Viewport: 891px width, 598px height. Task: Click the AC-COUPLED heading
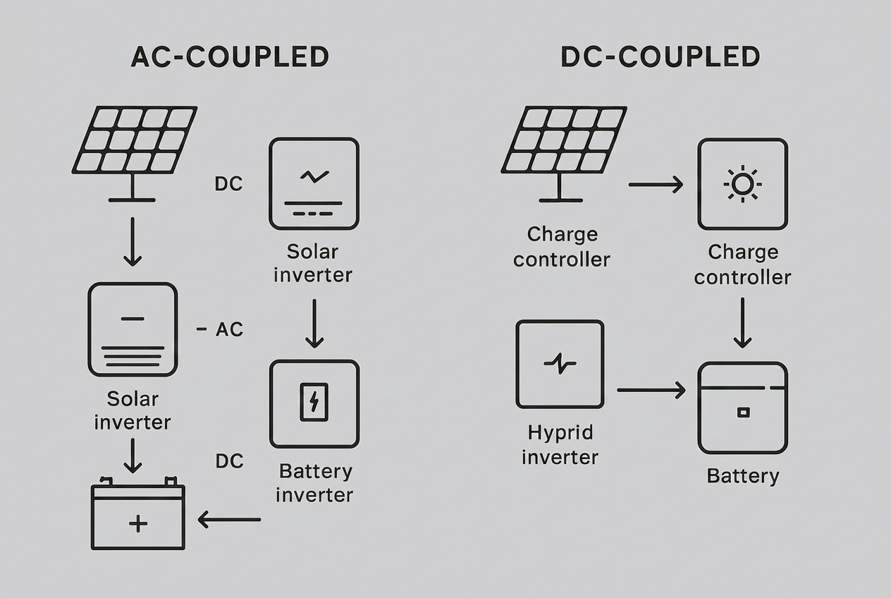pyautogui.click(x=230, y=56)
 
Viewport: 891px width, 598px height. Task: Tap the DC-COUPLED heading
pyautogui.click(x=660, y=56)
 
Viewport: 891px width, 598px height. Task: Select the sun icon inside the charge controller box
pyautogui.click(x=743, y=184)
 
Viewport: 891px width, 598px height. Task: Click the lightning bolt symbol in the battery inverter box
pyautogui.click(x=314, y=401)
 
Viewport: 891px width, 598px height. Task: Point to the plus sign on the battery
pyautogui.click(x=138, y=523)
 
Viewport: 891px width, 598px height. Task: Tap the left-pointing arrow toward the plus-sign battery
pyautogui.click(x=229, y=520)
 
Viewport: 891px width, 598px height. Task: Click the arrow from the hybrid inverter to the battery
pyautogui.click(x=651, y=390)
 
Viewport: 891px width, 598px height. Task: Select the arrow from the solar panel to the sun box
pyautogui.click(x=656, y=185)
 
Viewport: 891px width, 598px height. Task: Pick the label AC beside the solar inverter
pyautogui.click(x=229, y=329)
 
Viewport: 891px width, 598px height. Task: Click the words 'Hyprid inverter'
pyautogui.click(x=560, y=444)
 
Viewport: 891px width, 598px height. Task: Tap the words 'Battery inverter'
pyautogui.click(x=314, y=483)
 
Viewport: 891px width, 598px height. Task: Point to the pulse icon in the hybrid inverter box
pyautogui.click(x=560, y=363)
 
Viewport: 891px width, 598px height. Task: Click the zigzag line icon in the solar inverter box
pyautogui.click(x=314, y=176)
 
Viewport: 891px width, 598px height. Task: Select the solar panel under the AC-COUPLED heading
pyautogui.click(x=134, y=154)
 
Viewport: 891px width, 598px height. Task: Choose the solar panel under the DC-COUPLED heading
pyautogui.click(x=564, y=154)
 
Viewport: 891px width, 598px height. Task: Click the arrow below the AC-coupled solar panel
pyautogui.click(x=133, y=241)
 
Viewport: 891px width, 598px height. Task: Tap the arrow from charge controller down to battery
pyautogui.click(x=742, y=323)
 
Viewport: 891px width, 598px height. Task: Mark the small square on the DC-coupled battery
pyautogui.click(x=743, y=413)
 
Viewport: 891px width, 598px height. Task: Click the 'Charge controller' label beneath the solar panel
pyautogui.click(x=562, y=247)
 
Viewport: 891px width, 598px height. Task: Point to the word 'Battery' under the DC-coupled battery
pyautogui.click(x=743, y=476)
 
